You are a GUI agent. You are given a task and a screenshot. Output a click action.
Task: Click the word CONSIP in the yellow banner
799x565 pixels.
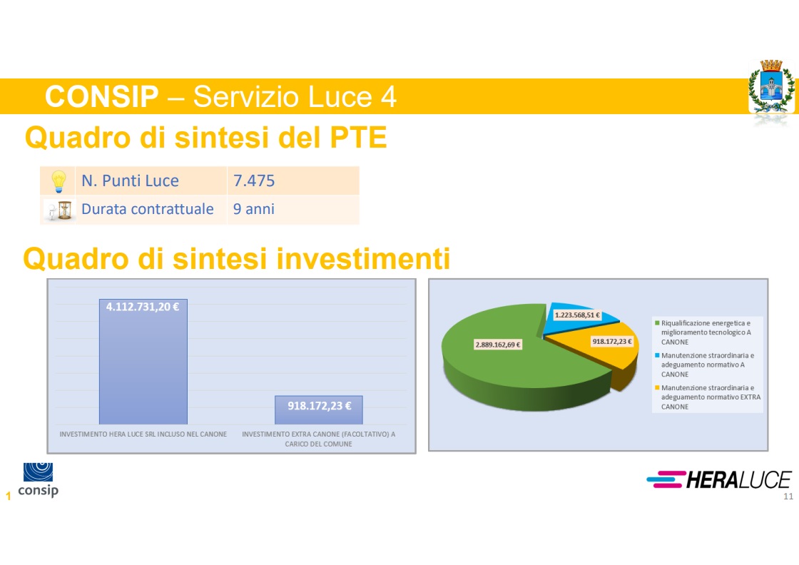click(x=102, y=96)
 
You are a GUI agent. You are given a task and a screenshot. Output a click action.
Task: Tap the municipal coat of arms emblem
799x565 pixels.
click(x=771, y=86)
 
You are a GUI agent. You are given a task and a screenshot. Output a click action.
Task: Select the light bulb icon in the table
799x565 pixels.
click(x=58, y=181)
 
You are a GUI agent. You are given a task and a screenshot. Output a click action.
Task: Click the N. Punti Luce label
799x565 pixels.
click(x=130, y=180)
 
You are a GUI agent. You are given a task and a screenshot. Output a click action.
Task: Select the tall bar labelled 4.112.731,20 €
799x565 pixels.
click(x=143, y=362)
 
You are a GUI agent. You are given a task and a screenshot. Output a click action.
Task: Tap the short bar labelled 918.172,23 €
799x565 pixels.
click(x=319, y=410)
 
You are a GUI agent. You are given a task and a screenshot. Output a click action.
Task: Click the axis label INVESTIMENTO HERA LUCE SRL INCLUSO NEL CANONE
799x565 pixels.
click(x=143, y=434)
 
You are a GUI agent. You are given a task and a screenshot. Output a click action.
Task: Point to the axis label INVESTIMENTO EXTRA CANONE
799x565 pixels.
click(x=318, y=439)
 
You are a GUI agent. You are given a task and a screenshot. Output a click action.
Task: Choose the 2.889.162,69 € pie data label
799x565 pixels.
click(x=498, y=345)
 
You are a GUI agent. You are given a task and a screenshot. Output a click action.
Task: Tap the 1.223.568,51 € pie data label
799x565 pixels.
click(x=577, y=315)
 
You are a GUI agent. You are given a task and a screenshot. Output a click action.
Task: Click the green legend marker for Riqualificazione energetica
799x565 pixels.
click(x=657, y=323)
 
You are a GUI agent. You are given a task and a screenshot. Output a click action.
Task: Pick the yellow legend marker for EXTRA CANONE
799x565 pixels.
click(x=657, y=387)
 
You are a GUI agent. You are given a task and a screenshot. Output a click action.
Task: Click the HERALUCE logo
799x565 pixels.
click(x=718, y=479)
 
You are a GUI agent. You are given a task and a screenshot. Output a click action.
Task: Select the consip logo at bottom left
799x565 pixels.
click(x=39, y=479)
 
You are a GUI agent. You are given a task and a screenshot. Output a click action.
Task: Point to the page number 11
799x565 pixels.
click(x=788, y=497)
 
